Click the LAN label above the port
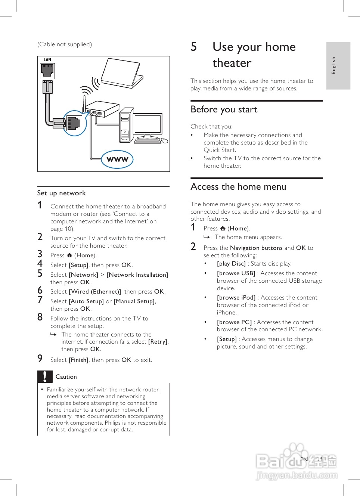(47, 60)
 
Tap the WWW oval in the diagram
(117, 159)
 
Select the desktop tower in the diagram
(126, 125)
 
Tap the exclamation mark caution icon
(45, 376)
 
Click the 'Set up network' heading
(62, 193)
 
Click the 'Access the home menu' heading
(238, 187)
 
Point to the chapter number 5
(193, 47)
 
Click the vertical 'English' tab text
(333, 65)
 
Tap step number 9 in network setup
(40, 359)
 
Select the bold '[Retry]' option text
(158, 342)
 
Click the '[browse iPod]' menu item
(236, 298)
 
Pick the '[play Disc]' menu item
(231, 264)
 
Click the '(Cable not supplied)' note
(65, 44)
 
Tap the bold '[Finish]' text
(78, 360)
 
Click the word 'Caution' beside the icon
(66, 377)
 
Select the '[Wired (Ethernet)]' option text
(95, 292)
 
